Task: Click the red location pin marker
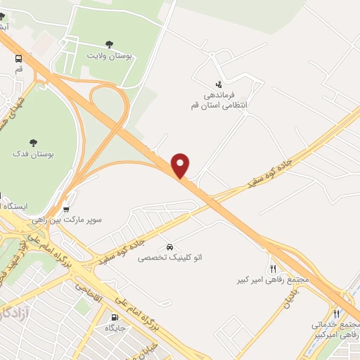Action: point(181,165)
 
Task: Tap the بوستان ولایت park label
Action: point(110,55)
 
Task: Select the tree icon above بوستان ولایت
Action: point(109,44)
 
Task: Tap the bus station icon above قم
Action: point(18,59)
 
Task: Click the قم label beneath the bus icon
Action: point(18,70)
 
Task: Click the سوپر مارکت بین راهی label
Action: point(67,219)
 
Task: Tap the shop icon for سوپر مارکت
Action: point(66,209)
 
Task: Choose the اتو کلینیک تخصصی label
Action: point(170,259)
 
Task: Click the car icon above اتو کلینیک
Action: point(170,247)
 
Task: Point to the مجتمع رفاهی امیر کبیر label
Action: point(274,280)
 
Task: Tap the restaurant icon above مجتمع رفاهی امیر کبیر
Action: point(273,269)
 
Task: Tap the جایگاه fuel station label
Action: point(115,328)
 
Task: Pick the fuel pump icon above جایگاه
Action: point(115,317)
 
